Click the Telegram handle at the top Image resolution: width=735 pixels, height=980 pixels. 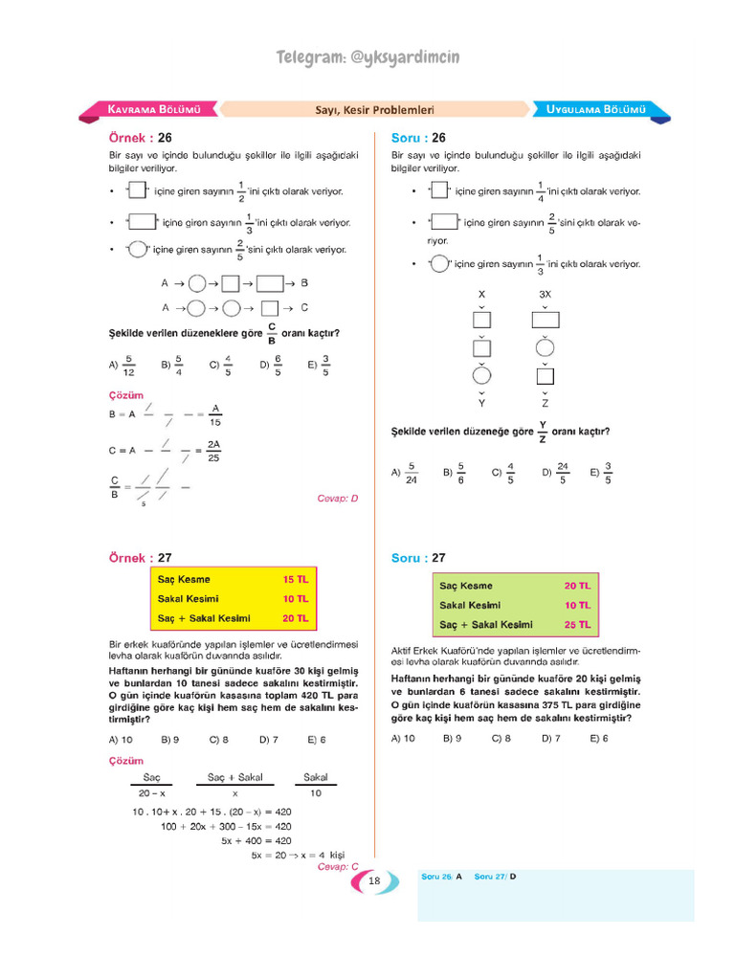(367, 58)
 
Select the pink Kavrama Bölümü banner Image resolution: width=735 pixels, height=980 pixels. (153, 109)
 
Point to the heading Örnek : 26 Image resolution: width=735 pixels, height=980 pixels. (140, 137)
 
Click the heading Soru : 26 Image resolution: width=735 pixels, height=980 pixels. (418, 137)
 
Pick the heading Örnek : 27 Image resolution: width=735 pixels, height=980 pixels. (140, 558)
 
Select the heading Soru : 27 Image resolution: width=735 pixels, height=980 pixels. (418, 558)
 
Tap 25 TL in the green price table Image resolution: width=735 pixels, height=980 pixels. (577, 625)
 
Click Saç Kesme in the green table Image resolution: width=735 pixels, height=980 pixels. (466, 586)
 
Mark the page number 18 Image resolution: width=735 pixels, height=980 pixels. (374, 881)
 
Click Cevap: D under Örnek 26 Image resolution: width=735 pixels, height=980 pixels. (337, 499)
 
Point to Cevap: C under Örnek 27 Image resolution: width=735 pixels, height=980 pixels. (337, 867)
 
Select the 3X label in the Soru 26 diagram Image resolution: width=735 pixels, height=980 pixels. (545, 294)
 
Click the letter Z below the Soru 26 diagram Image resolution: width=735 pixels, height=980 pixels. (545, 404)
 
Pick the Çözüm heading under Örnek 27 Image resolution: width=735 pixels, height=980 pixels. (126, 761)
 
